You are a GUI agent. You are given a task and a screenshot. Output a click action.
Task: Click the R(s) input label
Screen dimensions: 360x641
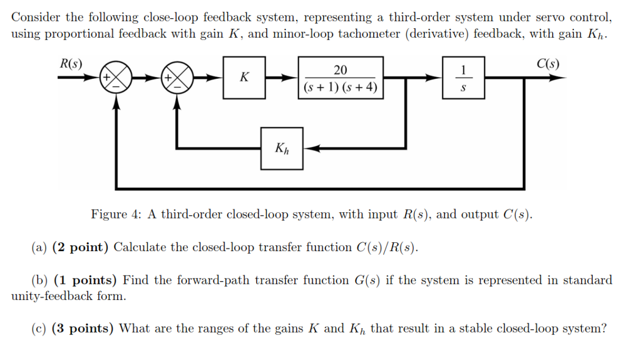[70, 63]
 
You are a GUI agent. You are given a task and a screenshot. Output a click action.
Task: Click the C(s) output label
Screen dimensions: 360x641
[548, 63]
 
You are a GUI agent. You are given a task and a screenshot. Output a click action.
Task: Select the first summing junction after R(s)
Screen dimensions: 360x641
[116, 78]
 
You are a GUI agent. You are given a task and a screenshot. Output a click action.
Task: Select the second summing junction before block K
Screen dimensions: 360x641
[178, 78]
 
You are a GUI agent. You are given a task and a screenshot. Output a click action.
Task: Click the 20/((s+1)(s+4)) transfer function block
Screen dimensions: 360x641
[340, 78]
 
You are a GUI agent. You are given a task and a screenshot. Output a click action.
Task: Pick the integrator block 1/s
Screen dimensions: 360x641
[463, 78]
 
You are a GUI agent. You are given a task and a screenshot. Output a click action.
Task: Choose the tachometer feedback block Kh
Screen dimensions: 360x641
[282, 148]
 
